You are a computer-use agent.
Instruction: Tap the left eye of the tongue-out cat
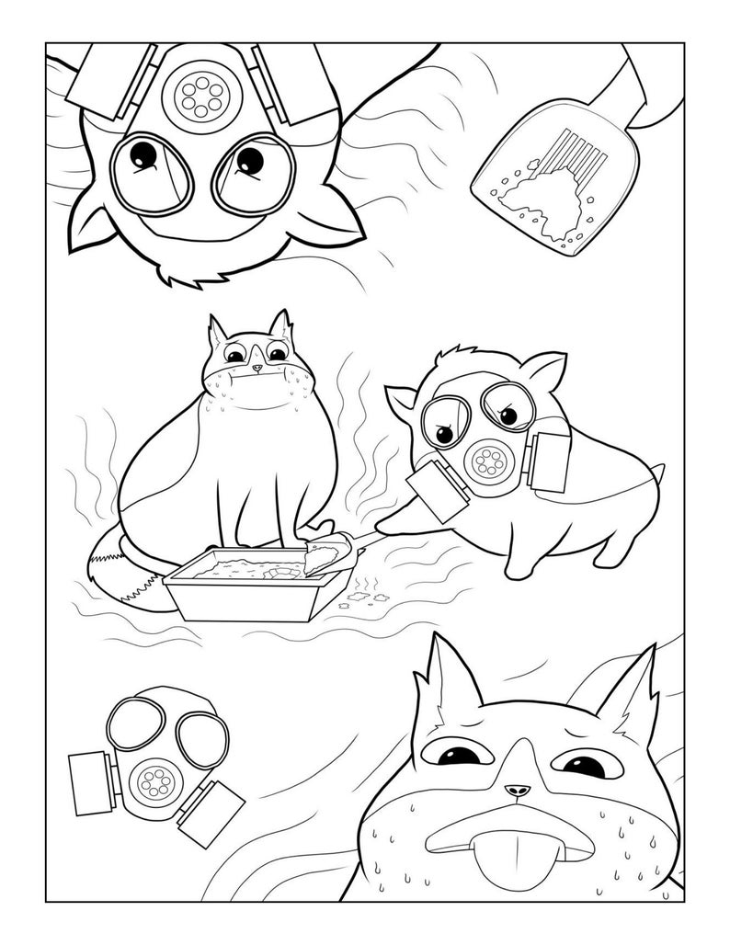[x=457, y=757]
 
